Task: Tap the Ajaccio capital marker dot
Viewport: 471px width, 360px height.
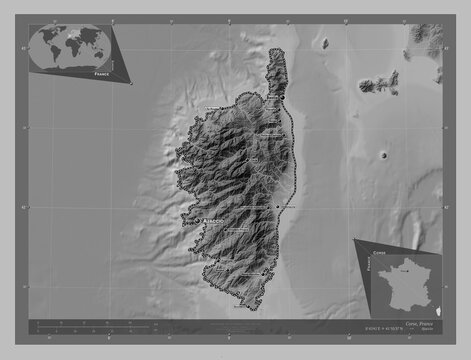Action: click(199, 219)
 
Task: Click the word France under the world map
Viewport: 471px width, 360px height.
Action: click(100, 74)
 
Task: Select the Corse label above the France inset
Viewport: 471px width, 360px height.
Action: click(378, 255)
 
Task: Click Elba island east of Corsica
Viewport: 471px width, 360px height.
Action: click(381, 85)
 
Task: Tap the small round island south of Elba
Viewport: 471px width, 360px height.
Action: click(384, 156)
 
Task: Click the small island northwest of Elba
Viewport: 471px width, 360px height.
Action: click(325, 43)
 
